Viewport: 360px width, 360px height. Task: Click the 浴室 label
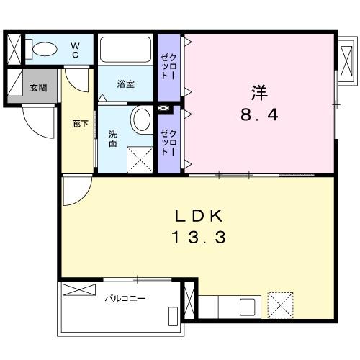pos(125,84)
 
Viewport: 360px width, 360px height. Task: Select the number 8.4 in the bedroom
pos(258,114)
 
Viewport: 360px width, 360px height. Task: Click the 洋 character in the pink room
pos(258,92)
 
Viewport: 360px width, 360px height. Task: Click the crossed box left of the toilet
pos(15,49)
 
